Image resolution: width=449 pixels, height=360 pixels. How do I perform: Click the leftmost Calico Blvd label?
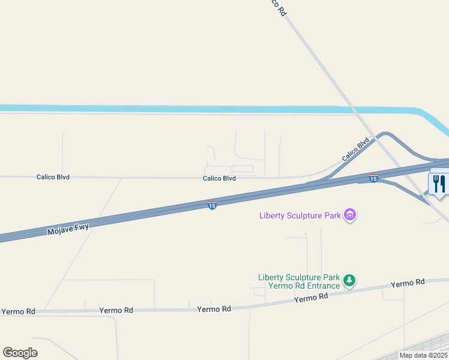click(53, 177)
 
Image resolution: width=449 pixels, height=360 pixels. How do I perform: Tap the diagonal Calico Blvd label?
click(355, 150)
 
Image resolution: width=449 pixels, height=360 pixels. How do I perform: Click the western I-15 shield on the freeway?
click(212, 205)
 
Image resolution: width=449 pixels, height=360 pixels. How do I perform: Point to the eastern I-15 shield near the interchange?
click(373, 178)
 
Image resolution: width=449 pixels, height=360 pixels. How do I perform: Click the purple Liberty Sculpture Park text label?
click(300, 215)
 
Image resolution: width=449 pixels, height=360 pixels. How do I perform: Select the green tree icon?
click(349, 280)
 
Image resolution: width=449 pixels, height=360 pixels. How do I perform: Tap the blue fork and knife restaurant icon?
click(439, 183)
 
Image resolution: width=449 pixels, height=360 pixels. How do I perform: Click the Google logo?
click(20, 352)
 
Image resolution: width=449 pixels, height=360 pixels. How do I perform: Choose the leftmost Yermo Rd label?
click(18, 311)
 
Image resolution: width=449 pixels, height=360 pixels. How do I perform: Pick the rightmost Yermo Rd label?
click(408, 283)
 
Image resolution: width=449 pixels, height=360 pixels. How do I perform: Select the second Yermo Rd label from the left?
click(116, 310)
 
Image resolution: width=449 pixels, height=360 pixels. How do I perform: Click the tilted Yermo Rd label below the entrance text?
click(311, 297)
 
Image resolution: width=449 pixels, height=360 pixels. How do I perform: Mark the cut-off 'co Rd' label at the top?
click(277, 7)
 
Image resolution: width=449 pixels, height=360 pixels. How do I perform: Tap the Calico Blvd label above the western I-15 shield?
click(219, 178)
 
